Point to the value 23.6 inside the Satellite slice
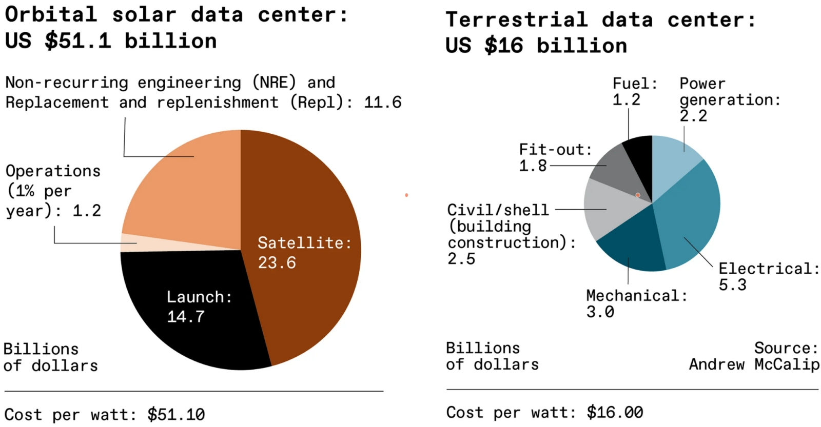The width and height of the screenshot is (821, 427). (x=277, y=263)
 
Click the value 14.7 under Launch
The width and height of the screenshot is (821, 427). (x=186, y=317)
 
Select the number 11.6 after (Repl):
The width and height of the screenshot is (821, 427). (x=383, y=103)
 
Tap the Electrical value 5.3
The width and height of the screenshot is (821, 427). (x=732, y=285)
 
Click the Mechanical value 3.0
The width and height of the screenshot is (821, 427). (x=600, y=312)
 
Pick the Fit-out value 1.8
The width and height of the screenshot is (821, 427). (x=533, y=166)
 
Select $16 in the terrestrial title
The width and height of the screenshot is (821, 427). (x=504, y=46)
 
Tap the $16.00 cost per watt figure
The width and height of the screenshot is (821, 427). (x=615, y=412)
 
